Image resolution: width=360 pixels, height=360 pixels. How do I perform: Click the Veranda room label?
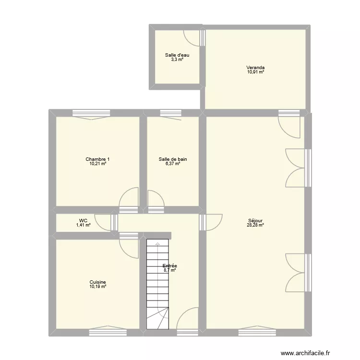[255, 68]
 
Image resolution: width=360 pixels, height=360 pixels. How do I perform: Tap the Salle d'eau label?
[174, 55]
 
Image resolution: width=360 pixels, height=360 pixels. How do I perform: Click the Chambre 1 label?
[97, 159]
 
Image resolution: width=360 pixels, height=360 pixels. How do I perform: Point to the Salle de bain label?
[173, 159]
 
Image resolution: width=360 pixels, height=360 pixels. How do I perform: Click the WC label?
[83, 221]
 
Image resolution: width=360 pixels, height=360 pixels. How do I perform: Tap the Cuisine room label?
[97, 282]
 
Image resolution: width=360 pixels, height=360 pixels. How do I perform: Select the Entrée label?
[169, 266]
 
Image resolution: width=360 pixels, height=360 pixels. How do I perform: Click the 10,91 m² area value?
[255, 72]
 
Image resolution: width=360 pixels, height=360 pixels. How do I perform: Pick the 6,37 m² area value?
[173, 164]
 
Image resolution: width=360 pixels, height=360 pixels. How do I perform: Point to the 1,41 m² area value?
[83, 225]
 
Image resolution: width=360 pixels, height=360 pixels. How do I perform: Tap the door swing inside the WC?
[103, 221]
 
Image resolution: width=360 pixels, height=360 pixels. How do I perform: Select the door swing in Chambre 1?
[128, 198]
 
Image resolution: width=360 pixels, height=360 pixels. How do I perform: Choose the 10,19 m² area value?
[97, 287]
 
